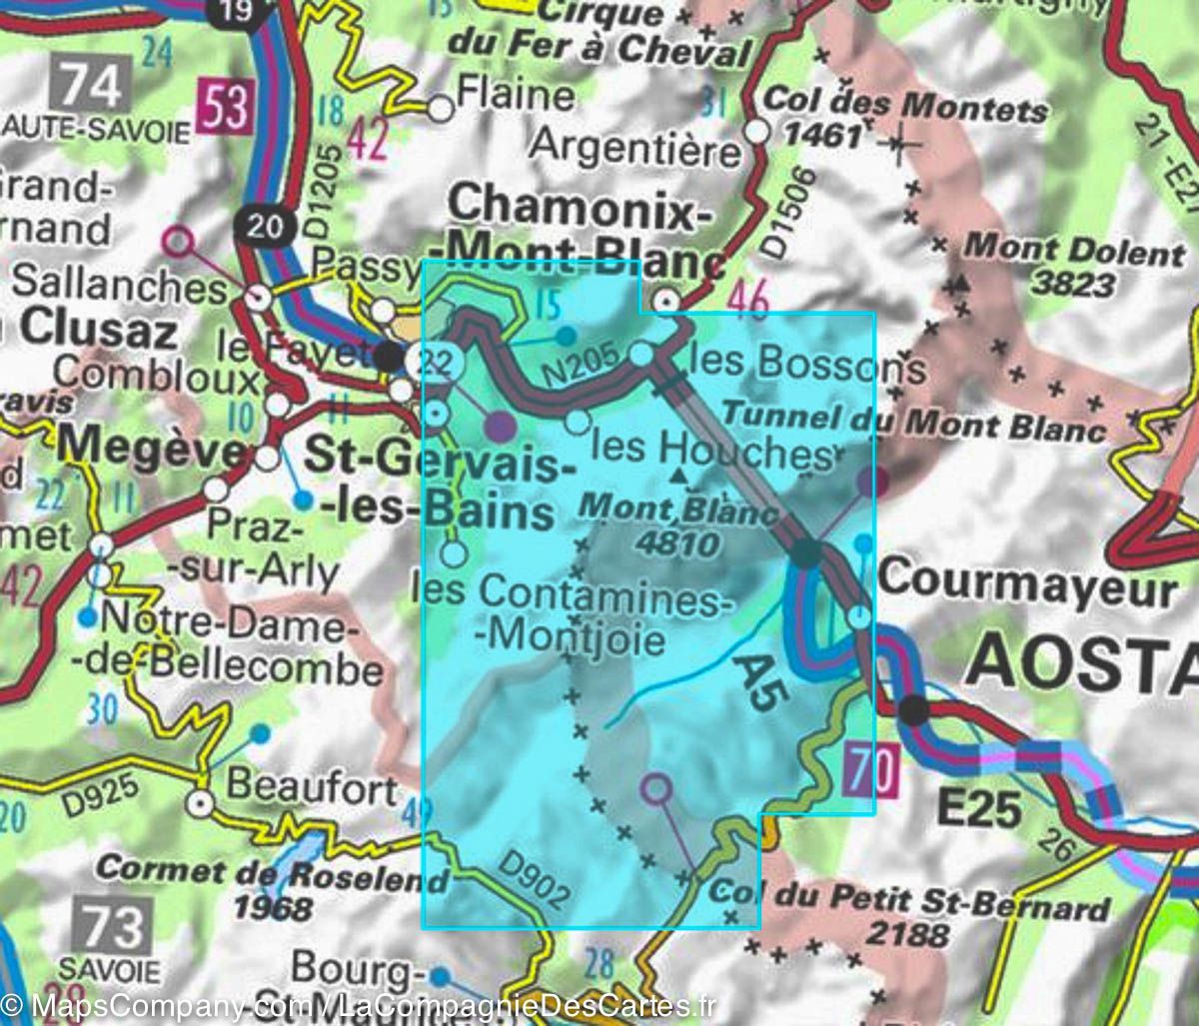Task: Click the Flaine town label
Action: (515, 97)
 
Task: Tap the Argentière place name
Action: (635, 148)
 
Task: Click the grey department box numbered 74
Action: (95, 84)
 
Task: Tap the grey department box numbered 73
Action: (112, 925)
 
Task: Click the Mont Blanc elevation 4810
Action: (681, 543)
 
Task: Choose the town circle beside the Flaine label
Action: (441, 109)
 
